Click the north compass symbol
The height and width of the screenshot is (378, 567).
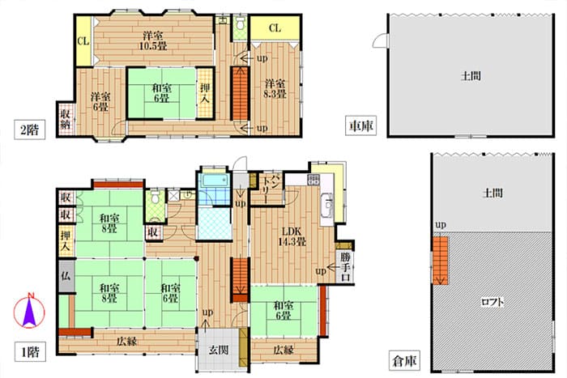pyautogui.click(x=29, y=311)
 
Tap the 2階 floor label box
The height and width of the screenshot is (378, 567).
pyautogui.click(x=30, y=130)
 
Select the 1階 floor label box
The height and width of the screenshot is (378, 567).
pyautogui.click(x=30, y=351)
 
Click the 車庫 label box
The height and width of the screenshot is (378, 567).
pyautogui.click(x=361, y=125)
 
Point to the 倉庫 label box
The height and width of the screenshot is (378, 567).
pyautogui.click(x=405, y=361)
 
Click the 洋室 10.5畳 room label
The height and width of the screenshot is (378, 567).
pyautogui.click(x=154, y=40)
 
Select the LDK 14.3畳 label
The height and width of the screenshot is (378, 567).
pyautogui.click(x=292, y=236)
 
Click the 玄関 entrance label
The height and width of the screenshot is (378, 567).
pyautogui.click(x=219, y=350)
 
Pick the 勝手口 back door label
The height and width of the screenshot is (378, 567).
pyautogui.click(x=345, y=267)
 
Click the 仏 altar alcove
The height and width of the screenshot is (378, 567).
pyautogui.click(x=66, y=276)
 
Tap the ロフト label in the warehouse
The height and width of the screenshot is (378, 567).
pyautogui.click(x=492, y=301)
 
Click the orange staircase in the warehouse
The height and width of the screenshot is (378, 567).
pyautogui.click(x=440, y=260)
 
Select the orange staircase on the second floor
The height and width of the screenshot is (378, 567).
pyautogui.click(x=240, y=94)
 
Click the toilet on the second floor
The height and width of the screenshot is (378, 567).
pyautogui.click(x=240, y=24)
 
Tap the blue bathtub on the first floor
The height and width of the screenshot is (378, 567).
pyautogui.click(x=215, y=181)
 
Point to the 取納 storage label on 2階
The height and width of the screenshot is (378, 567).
pyautogui.click(x=66, y=119)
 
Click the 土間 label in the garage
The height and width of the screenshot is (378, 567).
pyautogui.click(x=471, y=76)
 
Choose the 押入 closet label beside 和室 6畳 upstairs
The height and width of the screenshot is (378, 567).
pyautogui.click(x=205, y=93)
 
